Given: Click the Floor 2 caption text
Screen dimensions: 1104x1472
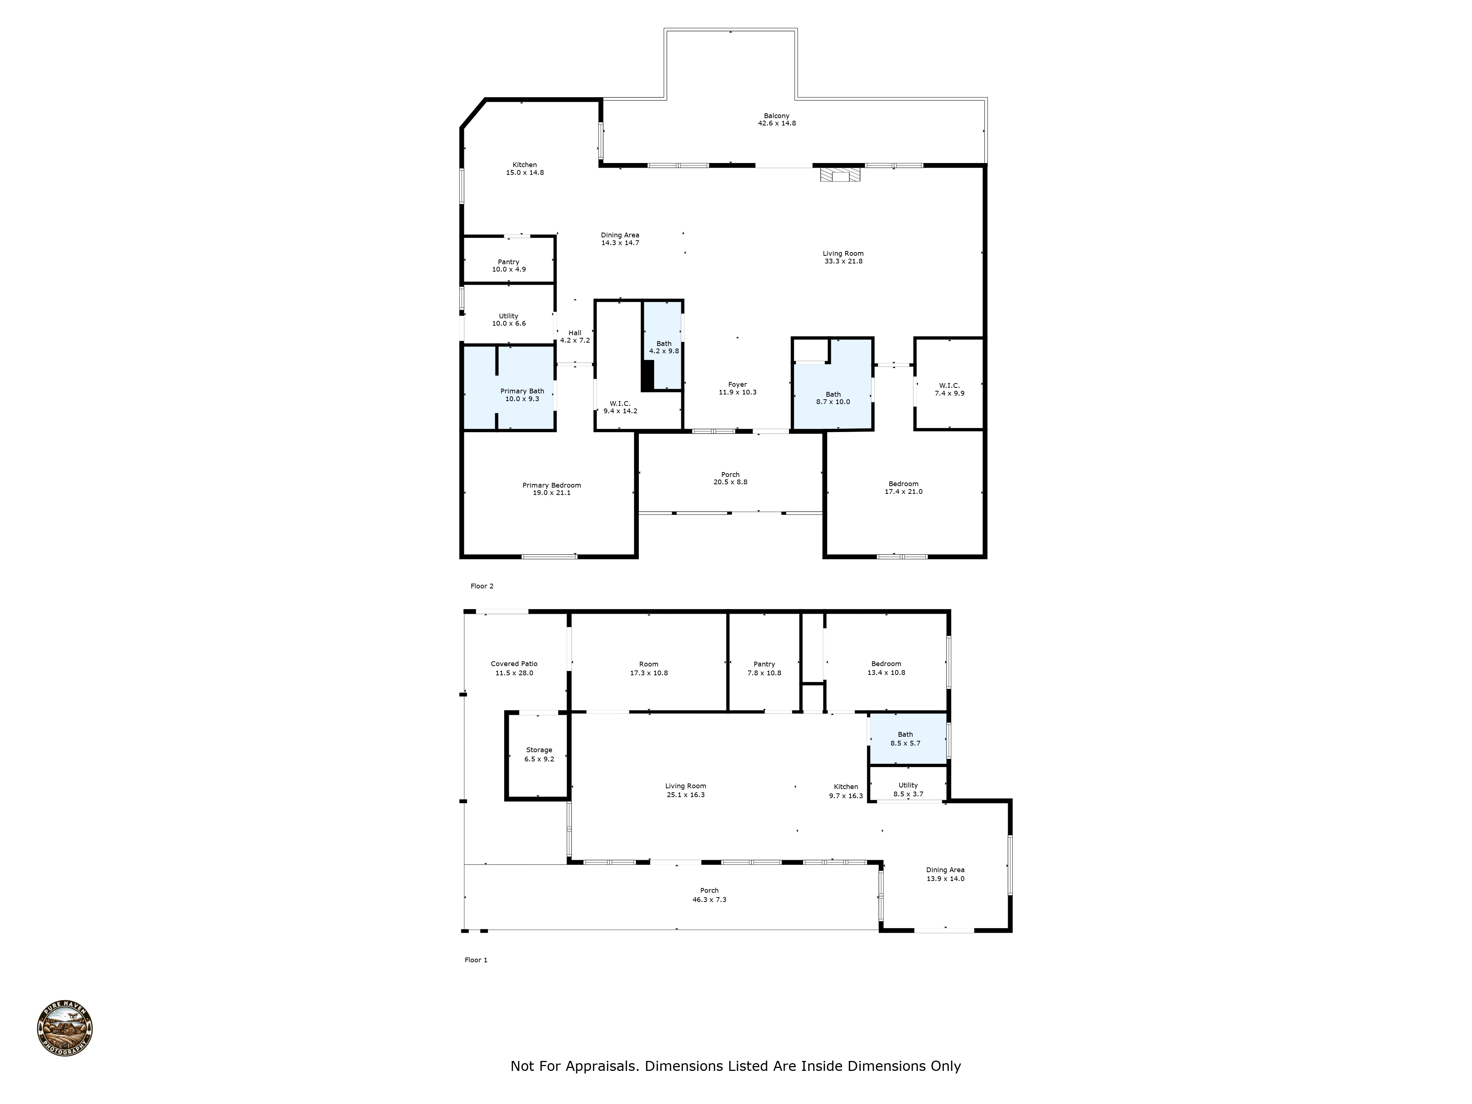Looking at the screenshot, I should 482,586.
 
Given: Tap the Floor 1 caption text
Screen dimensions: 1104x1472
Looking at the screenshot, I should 476,960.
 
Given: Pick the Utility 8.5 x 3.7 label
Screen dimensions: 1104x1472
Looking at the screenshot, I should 908,790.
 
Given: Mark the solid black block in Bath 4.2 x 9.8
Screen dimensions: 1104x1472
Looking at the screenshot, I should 647,376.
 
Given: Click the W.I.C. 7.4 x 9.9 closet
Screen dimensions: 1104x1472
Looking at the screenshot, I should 949,389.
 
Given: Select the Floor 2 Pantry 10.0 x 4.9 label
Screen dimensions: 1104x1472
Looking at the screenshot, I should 509,266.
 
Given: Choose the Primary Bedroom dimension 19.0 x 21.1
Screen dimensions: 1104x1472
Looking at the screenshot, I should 552,493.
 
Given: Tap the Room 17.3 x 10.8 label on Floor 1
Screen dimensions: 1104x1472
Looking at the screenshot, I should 649,668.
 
